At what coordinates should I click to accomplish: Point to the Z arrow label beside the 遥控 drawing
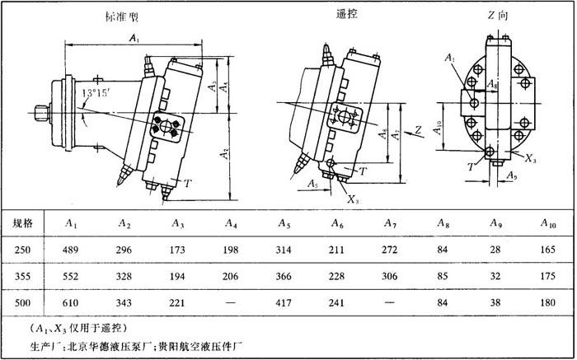419,129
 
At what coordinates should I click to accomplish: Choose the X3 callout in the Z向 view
530,159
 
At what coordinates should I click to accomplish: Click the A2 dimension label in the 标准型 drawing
224,152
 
